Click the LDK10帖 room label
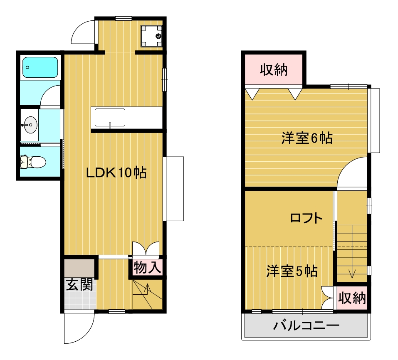point(116,173)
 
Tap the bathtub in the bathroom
point(40,67)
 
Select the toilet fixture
point(33,162)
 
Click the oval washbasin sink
point(30,125)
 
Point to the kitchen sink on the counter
point(110,118)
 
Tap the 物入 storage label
point(148,267)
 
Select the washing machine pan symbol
point(151,36)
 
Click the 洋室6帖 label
point(307,138)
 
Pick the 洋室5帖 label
point(292,271)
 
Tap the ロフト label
point(307,218)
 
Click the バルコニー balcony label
point(306,325)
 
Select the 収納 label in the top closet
point(274,70)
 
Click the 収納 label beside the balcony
point(352,298)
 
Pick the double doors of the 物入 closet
point(146,248)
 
